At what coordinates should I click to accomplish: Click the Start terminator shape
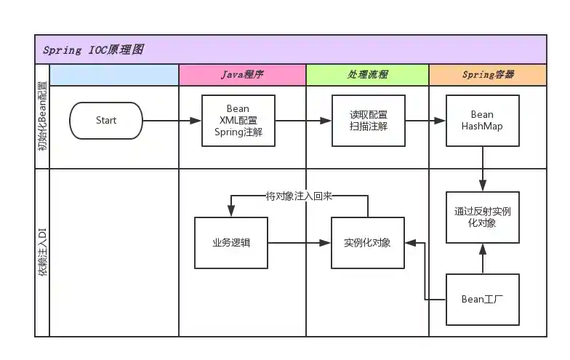pyautogui.click(x=106, y=121)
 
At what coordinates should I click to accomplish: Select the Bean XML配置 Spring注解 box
pyautogui.click(x=238, y=121)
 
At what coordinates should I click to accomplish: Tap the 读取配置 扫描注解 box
pyautogui.click(x=368, y=121)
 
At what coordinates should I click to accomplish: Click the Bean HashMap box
pyautogui.click(x=482, y=121)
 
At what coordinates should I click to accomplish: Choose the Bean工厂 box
pyautogui.click(x=482, y=299)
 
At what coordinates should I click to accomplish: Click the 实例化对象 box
pyautogui.click(x=367, y=243)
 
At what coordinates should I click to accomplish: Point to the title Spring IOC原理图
pyautogui.click(x=93, y=50)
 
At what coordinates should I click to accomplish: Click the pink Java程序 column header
pyautogui.click(x=242, y=75)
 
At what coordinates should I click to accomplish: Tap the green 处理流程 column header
pyautogui.click(x=367, y=75)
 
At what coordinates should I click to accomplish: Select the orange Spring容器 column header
pyautogui.click(x=487, y=75)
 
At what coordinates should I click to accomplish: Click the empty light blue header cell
pyautogui.click(x=114, y=75)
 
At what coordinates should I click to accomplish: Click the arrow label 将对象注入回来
pyautogui.click(x=299, y=196)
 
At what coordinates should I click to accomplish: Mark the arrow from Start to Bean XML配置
pyautogui.click(x=172, y=121)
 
